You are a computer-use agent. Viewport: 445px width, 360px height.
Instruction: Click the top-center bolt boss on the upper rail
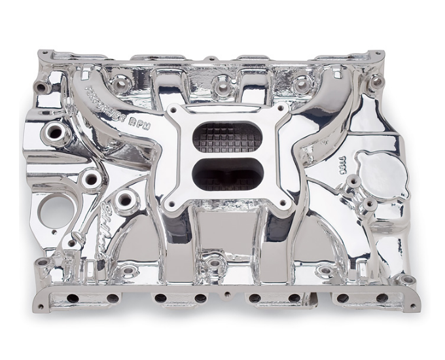point(222,83)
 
